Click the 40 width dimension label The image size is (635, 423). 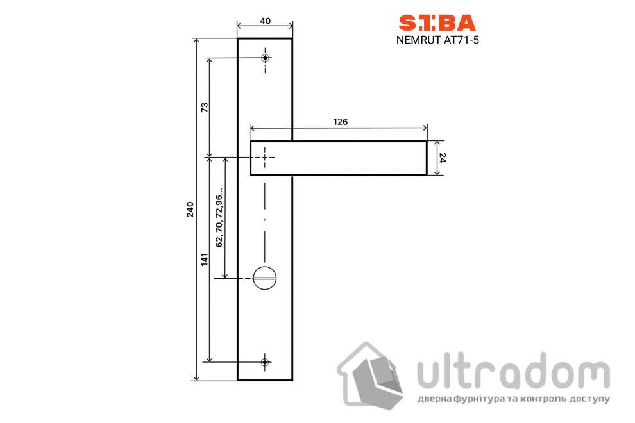pos(265,21)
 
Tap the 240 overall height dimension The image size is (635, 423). pos(190,210)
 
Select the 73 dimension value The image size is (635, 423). pos(205,107)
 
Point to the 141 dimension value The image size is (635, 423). pos(205,260)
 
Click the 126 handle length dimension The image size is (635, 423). pos(340,122)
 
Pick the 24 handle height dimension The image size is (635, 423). pos(443,158)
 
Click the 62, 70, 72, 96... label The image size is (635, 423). pos(219,217)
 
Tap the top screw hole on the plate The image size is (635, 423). pos(266,58)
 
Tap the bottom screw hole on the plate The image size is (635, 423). pos(265,362)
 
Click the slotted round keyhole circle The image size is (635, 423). pos(266,279)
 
